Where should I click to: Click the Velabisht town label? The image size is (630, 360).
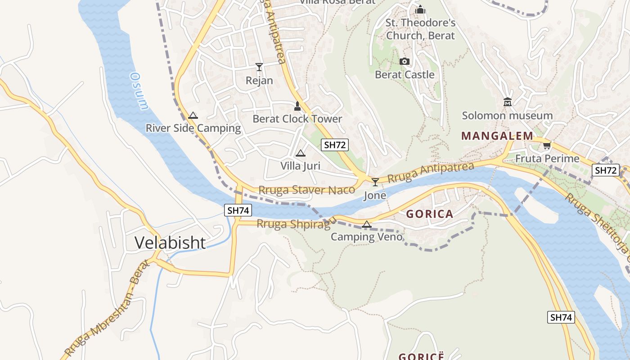coord(170,243)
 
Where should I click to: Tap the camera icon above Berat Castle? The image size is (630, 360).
coord(405,61)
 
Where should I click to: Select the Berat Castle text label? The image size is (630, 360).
coord(405,75)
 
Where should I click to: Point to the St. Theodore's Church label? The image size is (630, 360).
coord(420,29)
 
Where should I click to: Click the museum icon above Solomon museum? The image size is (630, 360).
coord(508,102)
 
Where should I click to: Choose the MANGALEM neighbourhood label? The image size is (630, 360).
coord(497,136)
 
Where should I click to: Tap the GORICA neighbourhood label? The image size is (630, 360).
coord(430,214)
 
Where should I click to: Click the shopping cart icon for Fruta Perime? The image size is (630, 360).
coord(547,145)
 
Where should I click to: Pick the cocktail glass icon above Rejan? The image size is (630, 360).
coord(259,67)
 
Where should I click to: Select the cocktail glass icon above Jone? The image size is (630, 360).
coord(375,182)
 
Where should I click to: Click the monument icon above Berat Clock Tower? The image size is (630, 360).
coord(297,106)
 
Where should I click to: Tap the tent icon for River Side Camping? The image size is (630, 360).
coord(193,115)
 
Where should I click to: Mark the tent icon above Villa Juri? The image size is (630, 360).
coord(301,153)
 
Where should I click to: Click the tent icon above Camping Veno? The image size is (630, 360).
coord(367,224)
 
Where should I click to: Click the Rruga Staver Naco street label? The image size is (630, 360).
coord(306,190)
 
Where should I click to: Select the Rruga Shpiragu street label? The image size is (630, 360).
coord(296,223)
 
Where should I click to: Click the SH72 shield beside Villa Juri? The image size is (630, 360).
coord(335,144)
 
